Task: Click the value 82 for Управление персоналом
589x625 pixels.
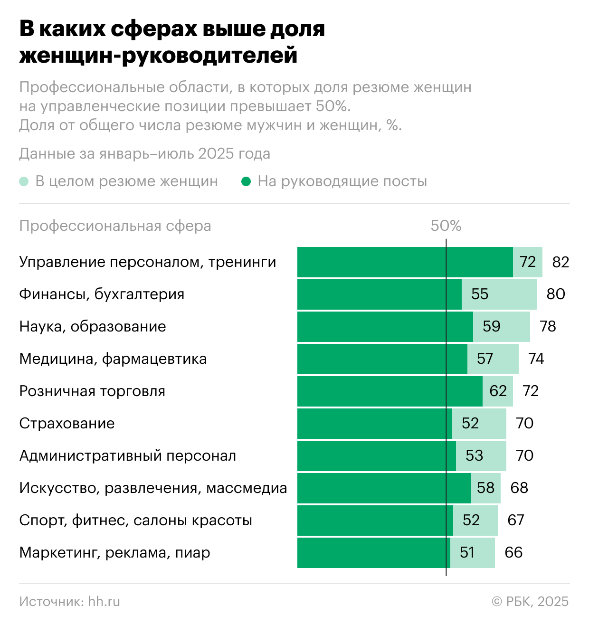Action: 560,262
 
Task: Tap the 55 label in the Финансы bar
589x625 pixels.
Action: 480,294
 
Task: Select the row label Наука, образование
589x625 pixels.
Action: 93,327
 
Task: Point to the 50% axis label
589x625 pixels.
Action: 446,226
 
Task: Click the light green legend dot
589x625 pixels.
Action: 24,181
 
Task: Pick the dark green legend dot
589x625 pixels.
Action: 246,181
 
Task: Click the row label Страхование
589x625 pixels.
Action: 67,424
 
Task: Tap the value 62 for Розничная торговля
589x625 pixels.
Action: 498,391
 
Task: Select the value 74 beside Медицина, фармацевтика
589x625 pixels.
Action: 536,359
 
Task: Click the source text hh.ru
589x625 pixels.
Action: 104,602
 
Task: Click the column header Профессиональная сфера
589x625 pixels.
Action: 115,226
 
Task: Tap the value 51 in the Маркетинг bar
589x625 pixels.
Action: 467,553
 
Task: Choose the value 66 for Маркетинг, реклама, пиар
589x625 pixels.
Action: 513,553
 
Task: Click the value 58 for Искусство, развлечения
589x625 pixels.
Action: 486,488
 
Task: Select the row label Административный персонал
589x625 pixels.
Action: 128,456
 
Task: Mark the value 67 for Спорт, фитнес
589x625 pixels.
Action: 516,521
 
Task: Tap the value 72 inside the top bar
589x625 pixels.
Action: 528,262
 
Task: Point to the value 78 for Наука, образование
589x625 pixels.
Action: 548,327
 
